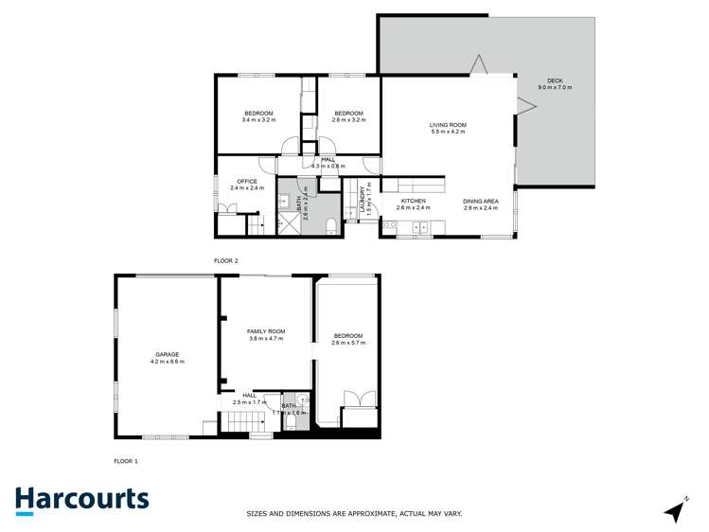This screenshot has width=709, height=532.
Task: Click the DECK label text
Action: pos(555,80)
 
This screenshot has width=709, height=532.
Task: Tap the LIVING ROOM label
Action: pos(448,125)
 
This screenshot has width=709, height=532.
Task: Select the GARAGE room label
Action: pos(167,354)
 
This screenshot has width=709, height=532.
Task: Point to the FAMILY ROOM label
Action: pos(266,331)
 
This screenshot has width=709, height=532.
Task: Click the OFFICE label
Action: pos(247,181)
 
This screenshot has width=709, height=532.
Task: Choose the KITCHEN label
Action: pos(413,201)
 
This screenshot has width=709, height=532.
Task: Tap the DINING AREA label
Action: pos(480,201)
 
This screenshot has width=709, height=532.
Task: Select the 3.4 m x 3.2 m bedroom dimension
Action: pos(257,120)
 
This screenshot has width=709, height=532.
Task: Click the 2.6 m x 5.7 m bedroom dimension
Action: pos(347,343)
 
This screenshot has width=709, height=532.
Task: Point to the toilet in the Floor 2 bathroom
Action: pos(328,224)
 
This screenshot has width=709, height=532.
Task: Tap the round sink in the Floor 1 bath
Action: pos(297,399)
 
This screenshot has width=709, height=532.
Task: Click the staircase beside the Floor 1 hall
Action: pos(243,420)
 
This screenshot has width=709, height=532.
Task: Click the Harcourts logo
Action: pos(81,500)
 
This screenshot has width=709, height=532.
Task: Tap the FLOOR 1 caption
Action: pos(125,460)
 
